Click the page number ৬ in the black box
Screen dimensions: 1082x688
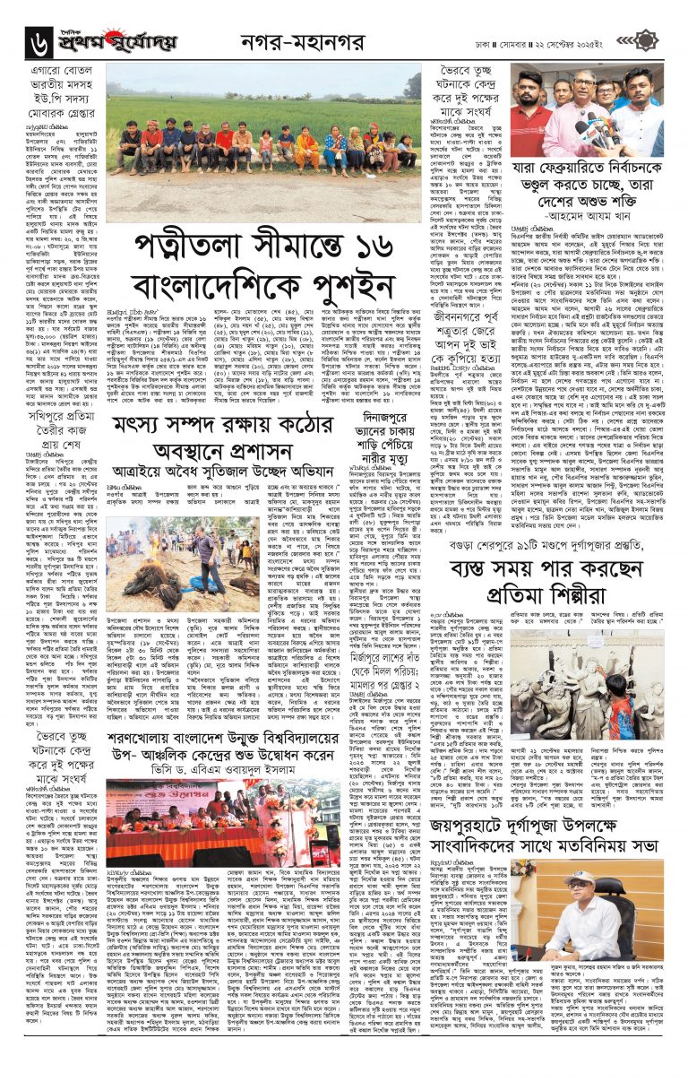[x=41, y=39]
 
